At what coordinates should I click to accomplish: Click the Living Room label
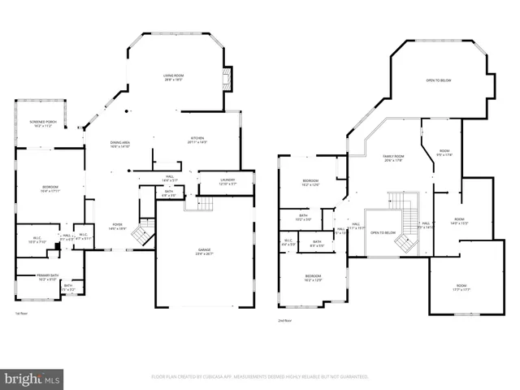coord(173,78)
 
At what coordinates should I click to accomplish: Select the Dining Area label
coord(121,145)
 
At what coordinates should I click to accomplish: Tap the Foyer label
coord(117,227)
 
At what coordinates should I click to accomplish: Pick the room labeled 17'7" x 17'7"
coord(461,288)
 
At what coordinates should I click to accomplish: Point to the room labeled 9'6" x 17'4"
coord(444,153)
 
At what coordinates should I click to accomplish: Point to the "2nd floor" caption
coord(284,320)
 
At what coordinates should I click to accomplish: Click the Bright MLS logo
coord(32,379)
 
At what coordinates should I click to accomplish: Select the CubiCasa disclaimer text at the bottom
coord(260,377)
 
